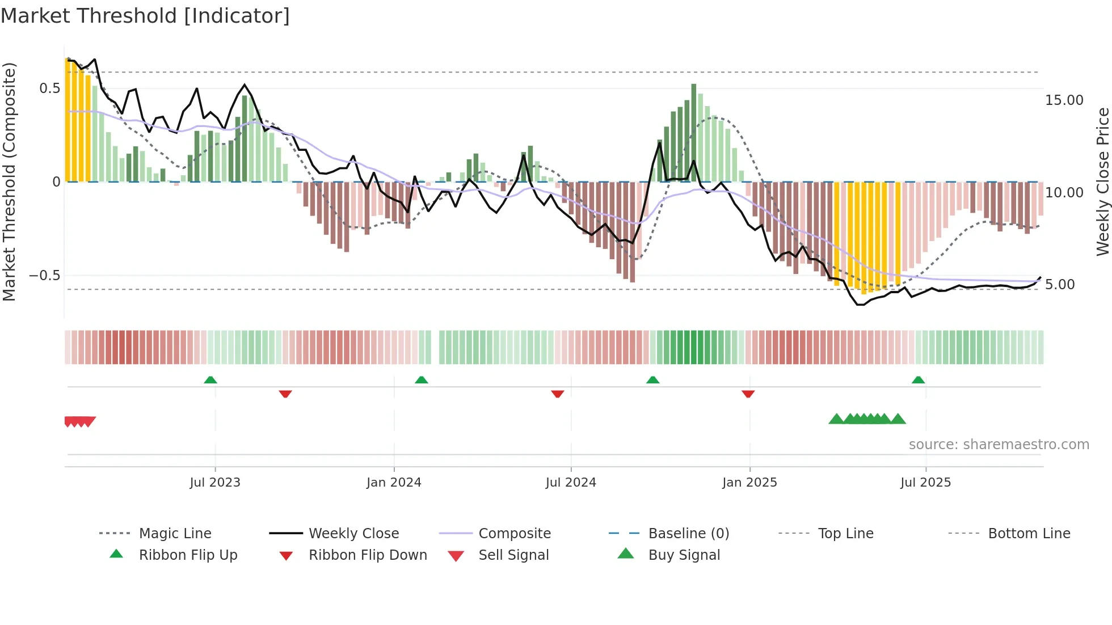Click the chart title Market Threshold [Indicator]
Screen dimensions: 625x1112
pos(145,16)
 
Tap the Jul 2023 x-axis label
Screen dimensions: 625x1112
pos(215,483)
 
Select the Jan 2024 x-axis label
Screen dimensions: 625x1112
pos(394,483)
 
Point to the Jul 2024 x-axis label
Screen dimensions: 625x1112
pos(571,483)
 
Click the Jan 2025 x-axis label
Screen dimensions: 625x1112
pos(749,483)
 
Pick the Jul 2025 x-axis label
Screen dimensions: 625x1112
pos(925,483)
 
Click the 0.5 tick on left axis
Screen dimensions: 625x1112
pos(49,88)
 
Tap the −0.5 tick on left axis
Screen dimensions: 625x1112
pos(44,276)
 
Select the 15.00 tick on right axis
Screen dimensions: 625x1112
pos(1064,100)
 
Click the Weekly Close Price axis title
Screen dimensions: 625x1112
pos(1102,181)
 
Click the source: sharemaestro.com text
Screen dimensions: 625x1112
pos(999,445)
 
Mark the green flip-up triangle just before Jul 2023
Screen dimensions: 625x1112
pos(210,380)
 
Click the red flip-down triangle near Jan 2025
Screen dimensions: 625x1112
pos(748,394)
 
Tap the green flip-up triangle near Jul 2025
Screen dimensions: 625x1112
pos(918,380)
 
